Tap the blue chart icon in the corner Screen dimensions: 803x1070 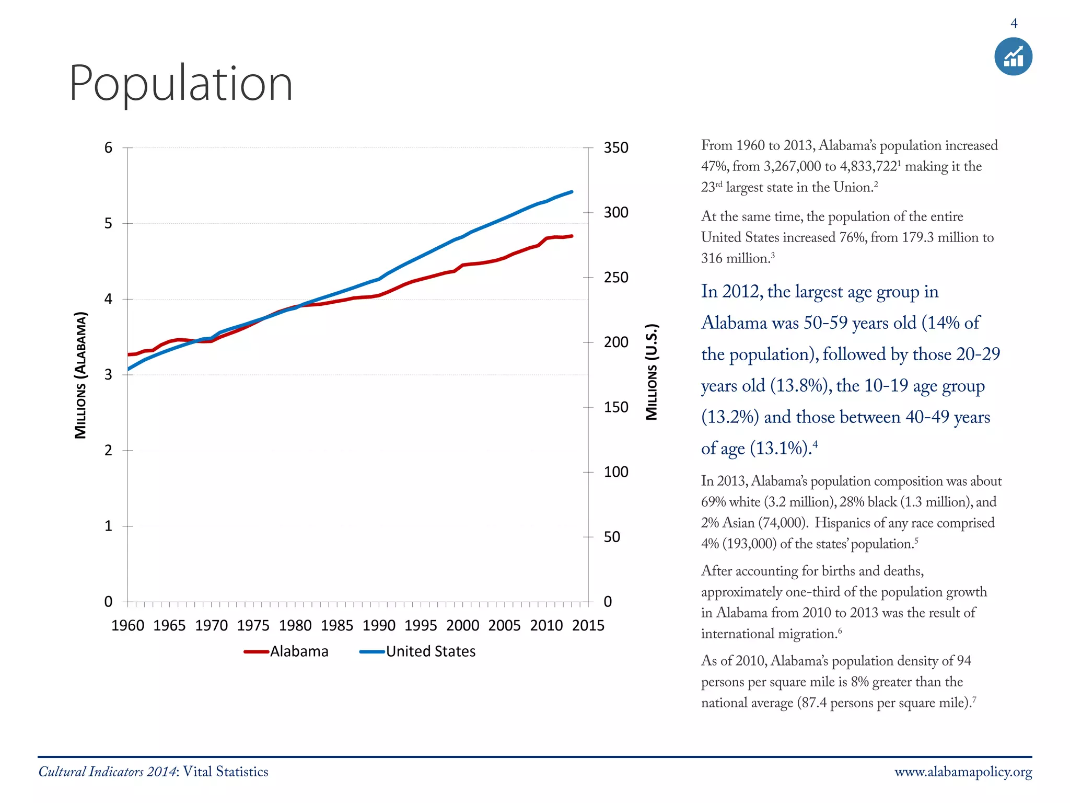pyautogui.click(x=1013, y=56)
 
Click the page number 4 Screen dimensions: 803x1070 pyautogui.click(x=1014, y=24)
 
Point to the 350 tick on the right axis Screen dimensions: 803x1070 pyautogui.click(x=616, y=148)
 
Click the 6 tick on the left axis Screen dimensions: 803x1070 pyautogui.click(x=108, y=148)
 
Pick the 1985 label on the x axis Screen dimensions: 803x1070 pyautogui.click(x=337, y=625)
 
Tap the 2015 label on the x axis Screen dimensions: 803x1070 pyautogui.click(x=588, y=625)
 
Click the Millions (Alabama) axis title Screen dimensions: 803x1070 pyautogui.click(x=80, y=375)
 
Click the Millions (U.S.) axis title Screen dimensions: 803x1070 pyautogui.click(x=652, y=372)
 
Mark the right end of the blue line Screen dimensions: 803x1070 pyautogui.click(x=572, y=192)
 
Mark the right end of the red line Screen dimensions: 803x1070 pyautogui.click(x=572, y=236)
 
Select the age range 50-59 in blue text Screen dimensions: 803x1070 pyautogui.click(x=825, y=323)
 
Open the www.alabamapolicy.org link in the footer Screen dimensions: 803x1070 pyautogui.click(x=963, y=772)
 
